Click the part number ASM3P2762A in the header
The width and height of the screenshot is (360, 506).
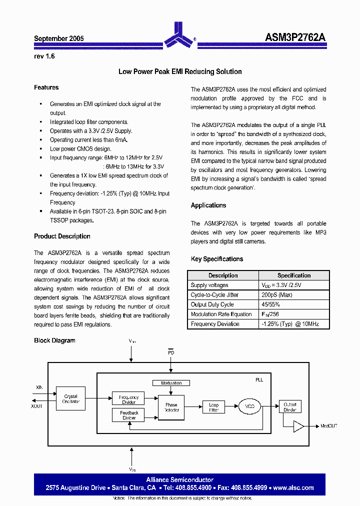tap(295, 38)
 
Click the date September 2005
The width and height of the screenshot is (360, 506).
tap(59, 38)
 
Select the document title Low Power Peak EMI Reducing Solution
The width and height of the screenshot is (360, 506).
tap(180, 71)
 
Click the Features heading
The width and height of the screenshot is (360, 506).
tap(46, 87)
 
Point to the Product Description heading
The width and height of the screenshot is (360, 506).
tap(62, 236)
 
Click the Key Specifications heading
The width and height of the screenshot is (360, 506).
tap(217, 259)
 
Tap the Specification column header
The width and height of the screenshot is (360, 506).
tap(294, 275)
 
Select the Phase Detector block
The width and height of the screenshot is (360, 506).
tap(171, 407)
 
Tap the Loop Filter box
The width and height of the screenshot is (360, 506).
tap(213, 407)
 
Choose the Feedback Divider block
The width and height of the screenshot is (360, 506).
tap(129, 415)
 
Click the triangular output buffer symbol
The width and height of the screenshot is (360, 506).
tap(298, 426)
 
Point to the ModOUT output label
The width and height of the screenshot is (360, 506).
tap(329, 426)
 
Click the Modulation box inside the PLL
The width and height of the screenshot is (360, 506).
tap(171, 383)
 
